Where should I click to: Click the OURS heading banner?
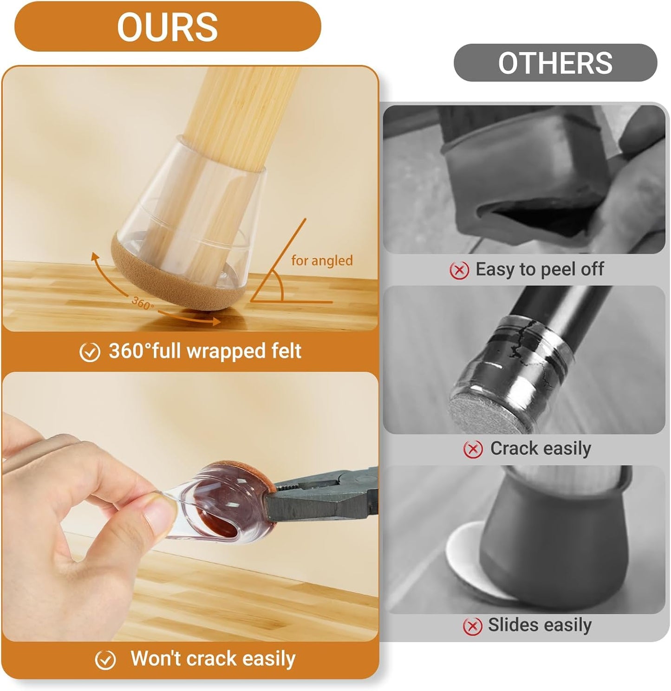pyautogui.click(x=168, y=26)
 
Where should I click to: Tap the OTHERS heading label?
pyautogui.click(x=555, y=63)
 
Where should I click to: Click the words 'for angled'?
pyautogui.click(x=322, y=261)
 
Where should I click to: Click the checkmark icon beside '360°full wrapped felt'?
pyautogui.click(x=90, y=352)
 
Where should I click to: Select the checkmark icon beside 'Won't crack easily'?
pyautogui.click(x=105, y=660)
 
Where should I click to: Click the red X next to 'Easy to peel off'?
pyautogui.click(x=459, y=270)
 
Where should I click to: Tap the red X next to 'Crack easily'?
pyautogui.click(x=473, y=449)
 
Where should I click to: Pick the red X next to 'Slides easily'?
pyautogui.click(x=472, y=626)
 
